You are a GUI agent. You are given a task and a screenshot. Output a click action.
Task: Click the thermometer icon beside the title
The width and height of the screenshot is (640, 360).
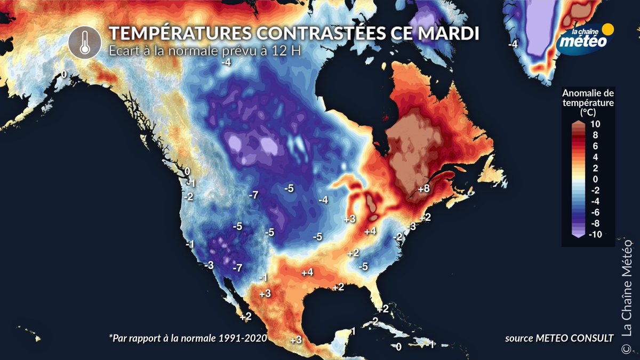[x=84, y=42]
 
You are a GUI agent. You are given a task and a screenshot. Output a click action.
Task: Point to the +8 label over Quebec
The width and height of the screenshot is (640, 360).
[x=424, y=189]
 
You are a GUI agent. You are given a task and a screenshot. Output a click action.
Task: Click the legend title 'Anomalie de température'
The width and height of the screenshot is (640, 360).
[x=588, y=101]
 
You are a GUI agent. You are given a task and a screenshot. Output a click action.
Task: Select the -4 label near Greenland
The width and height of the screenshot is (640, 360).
[x=513, y=45]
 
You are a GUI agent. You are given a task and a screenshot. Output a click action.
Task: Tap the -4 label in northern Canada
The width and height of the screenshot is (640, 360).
[x=226, y=62]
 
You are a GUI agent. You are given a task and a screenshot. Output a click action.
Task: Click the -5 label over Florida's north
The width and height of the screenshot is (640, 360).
[x=364, y=266]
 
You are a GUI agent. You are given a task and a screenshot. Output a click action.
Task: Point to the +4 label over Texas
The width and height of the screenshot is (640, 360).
[x=307, y=273]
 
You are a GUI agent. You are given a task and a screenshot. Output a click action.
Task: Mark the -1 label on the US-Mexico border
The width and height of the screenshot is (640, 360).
[x=262, y=278]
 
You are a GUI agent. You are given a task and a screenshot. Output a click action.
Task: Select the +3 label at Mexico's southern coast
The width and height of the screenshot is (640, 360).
[x=296, y=340]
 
